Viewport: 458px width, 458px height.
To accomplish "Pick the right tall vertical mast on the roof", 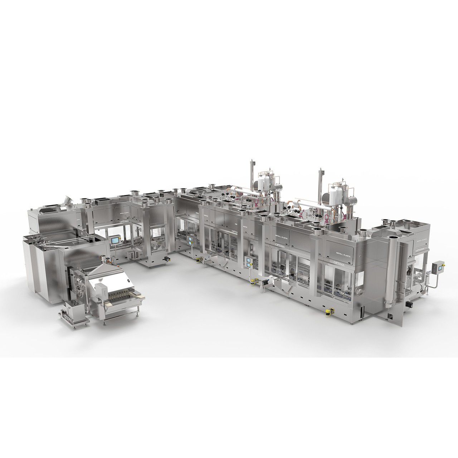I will (x=318, y=181).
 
